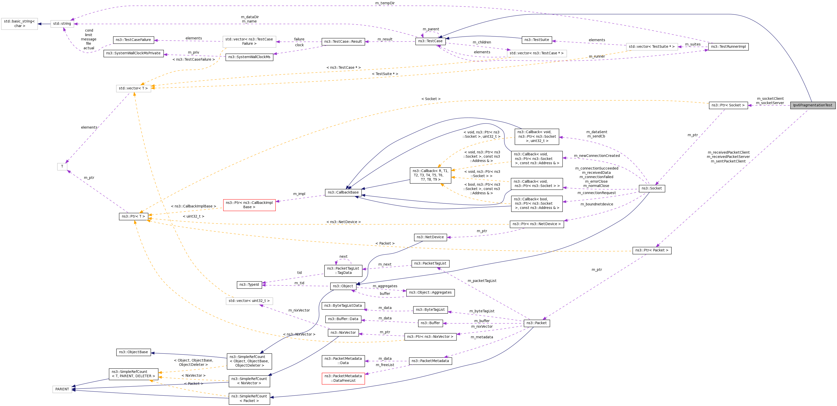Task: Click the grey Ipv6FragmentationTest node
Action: [812, 105]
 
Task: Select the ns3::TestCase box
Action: [430, 41]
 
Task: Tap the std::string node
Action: [62, 24]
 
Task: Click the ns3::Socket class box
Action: [651, 188]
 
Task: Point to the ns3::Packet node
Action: [537, 323]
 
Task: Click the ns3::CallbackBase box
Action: [343, 193]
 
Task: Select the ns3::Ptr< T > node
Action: [134, 217]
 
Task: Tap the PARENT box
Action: [62, 389]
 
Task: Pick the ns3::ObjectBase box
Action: [133, 352]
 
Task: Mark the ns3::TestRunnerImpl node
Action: [728, 47]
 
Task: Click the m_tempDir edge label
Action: [385, 3]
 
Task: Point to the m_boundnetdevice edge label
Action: [597, 204]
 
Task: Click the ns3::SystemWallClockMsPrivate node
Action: [133, 53]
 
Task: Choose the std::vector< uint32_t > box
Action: [249, 301]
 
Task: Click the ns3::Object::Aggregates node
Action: [430, 293]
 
